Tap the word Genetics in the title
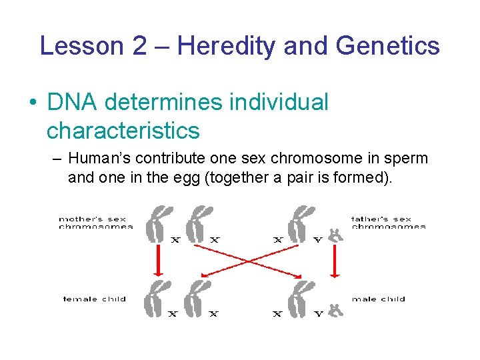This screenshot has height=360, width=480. (387, 46)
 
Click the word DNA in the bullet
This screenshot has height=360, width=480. (73, 103)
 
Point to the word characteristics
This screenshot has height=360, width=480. (123, 131)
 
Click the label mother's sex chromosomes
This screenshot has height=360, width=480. (95, 223)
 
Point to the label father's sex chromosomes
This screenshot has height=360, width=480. (388, 223)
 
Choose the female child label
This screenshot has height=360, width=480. (95, 299)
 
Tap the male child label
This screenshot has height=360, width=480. (379, 299)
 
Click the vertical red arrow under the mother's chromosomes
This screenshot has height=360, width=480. (158, 260)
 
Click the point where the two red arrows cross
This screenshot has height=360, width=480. (248, 261)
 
